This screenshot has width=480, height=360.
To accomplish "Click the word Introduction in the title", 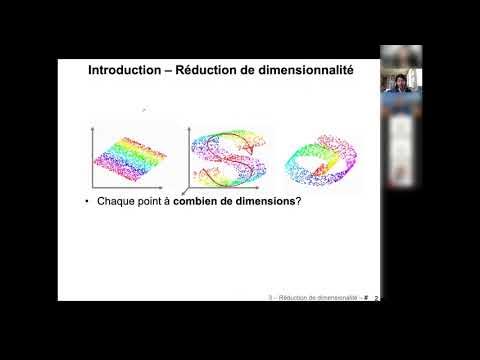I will tap(123, 71).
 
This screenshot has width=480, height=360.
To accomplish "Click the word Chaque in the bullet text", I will tap(117, 202).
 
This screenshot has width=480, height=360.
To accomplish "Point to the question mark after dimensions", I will tap(299, 202).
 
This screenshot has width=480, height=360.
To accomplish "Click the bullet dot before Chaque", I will tap(88, 202).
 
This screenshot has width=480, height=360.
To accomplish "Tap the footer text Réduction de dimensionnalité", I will tap(319, 297).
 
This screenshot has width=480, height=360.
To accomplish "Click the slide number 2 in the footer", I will tap(376, 297).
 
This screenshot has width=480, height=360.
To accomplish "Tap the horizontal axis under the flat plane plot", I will tap(135, 188).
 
